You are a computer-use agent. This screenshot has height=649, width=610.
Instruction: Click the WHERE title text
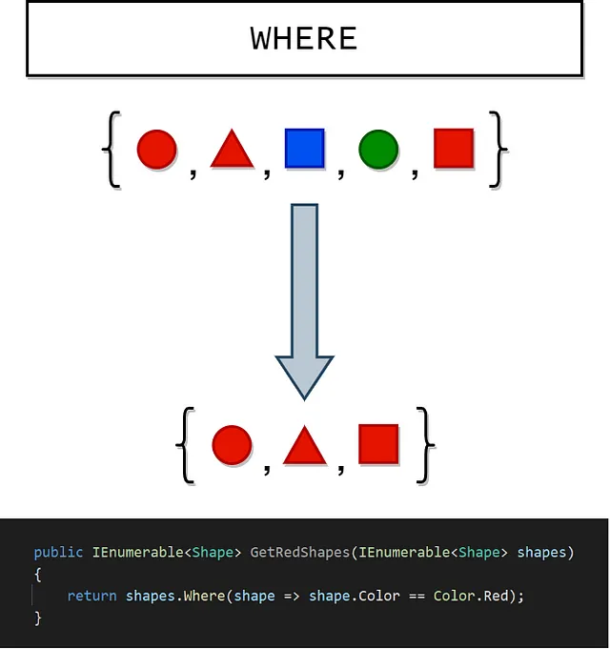(304, 38)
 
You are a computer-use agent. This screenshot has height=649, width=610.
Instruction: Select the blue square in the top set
(305, 148)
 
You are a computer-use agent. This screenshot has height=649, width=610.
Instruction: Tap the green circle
(378, 149)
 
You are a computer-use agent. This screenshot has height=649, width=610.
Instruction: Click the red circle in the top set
(157, 149)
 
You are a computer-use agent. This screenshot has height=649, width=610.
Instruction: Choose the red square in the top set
(454, 148)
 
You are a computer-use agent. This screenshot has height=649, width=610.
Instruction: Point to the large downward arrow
(305, 302)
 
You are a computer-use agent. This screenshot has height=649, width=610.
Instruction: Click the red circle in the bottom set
(232, 445)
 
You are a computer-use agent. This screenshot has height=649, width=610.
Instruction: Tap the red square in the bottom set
(378, 444)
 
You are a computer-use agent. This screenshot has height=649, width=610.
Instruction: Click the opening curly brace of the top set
(111, 150)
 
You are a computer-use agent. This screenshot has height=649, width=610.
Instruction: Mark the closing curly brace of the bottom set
(425, 445)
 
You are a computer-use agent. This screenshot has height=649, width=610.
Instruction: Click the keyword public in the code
(58, 552)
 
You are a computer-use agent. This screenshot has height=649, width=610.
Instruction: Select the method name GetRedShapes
(300, 552)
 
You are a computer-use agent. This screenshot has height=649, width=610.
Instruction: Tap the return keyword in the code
(91, 596)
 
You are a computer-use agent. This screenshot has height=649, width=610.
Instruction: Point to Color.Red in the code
(471, 596)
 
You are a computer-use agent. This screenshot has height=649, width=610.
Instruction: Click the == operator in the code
(417, 596)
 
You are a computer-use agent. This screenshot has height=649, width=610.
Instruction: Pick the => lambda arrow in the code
(292, 596)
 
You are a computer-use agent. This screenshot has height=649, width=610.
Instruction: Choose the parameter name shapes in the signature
(541, 553)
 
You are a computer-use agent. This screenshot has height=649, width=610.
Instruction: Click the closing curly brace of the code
(38, 619)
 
